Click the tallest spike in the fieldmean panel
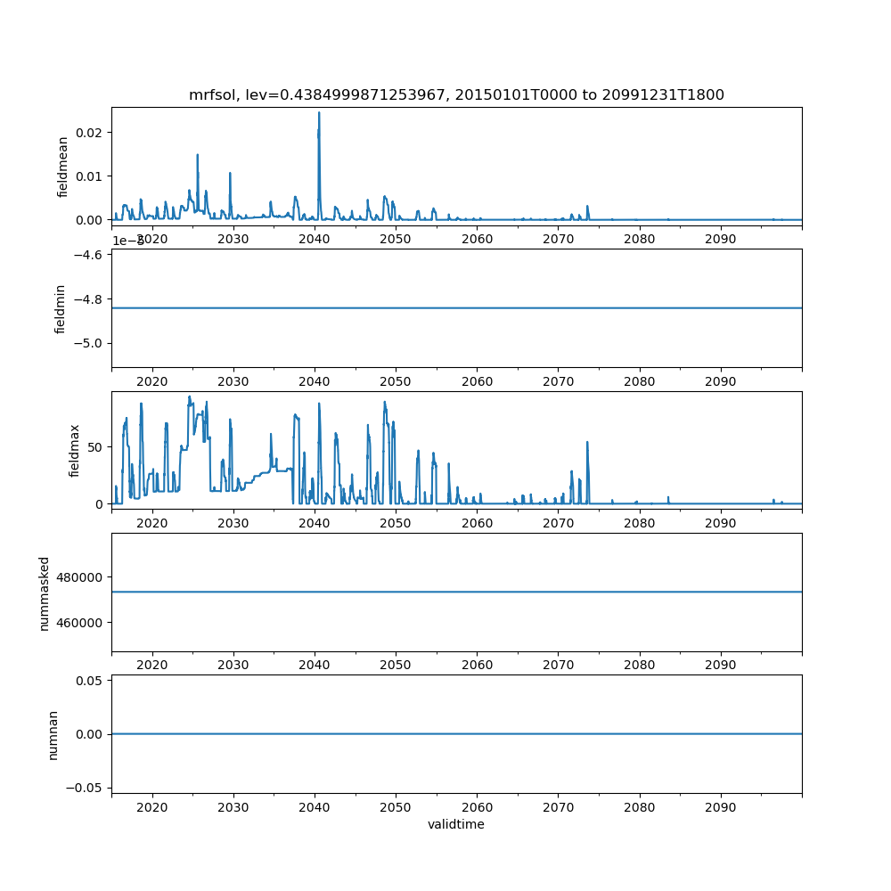click(319, 113)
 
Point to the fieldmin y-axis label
click(61, 308)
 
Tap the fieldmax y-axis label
click(75, 450)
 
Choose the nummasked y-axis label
click(45, 592)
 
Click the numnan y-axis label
click(53, 733)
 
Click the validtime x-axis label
click(456, 824)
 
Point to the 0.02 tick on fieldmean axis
click(90, 133)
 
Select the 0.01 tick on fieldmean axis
click(90, 176)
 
